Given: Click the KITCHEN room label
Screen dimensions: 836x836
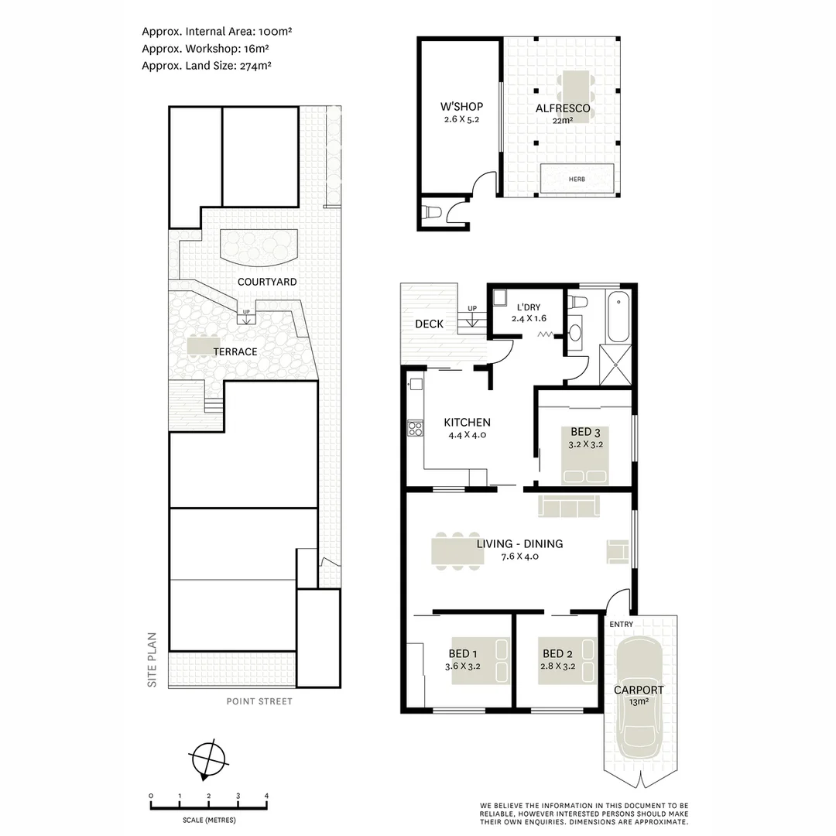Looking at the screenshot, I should click(467, 423).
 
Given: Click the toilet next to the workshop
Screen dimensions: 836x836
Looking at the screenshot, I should click(431, 212).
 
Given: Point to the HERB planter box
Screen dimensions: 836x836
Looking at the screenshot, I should click(577, 178).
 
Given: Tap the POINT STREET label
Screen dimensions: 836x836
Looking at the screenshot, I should click(259, 702).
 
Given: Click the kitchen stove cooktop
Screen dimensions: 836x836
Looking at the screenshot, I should click(415, 427).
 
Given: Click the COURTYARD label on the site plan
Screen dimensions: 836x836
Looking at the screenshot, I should click(267, 282).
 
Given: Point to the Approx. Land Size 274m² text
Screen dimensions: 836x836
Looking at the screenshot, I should click(206, 66).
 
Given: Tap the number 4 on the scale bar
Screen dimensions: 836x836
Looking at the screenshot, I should click(266, 796).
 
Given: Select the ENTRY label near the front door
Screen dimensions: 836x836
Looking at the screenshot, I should click(621, 624).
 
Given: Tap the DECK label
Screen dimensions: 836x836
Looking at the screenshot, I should click(430, 324).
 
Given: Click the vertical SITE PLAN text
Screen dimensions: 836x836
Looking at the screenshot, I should click(152, 660).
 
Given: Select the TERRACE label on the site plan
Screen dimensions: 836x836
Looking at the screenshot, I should click(235, 351).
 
